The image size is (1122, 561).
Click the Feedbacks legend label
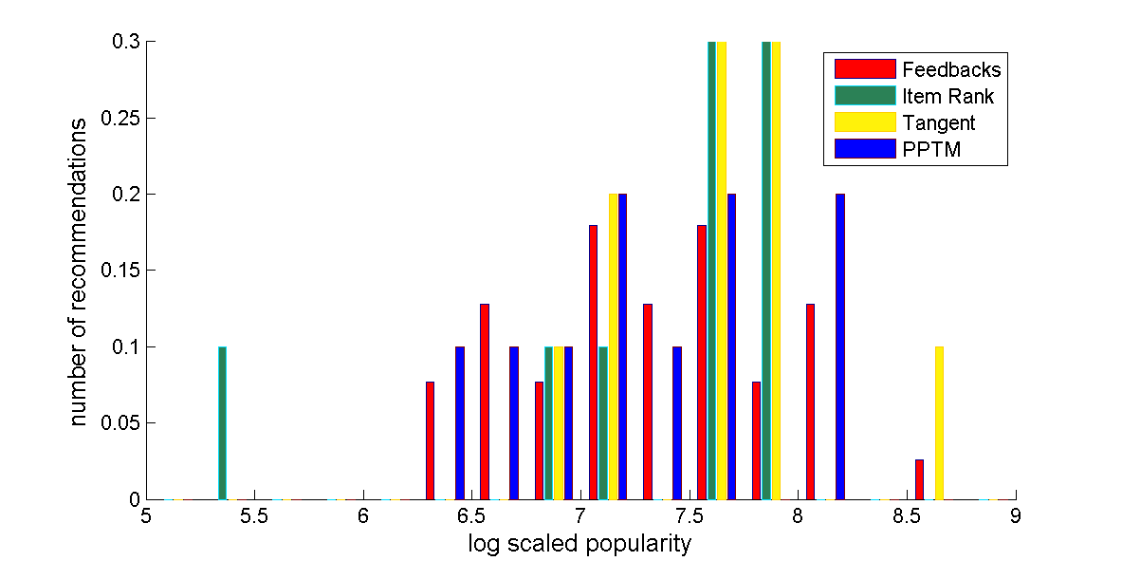951,69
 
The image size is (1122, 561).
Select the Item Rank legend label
948,96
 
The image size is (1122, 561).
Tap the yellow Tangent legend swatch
865,122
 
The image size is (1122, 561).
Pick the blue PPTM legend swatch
865,149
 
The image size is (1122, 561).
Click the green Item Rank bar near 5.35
222,422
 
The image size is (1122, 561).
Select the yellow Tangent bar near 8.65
939,422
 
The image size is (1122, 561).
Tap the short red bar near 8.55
919,479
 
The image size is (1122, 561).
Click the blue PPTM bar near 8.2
840,346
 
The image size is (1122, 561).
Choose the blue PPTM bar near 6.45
460,422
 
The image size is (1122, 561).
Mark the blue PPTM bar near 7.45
677,422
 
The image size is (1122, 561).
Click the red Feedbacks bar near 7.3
648,402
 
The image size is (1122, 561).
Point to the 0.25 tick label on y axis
123,119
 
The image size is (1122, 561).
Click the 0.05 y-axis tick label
123,423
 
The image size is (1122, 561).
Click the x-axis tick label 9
1016,516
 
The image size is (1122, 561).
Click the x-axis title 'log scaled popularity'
579,545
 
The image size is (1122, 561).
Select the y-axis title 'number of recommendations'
80,271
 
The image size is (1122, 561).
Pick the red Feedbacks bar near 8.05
810,402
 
